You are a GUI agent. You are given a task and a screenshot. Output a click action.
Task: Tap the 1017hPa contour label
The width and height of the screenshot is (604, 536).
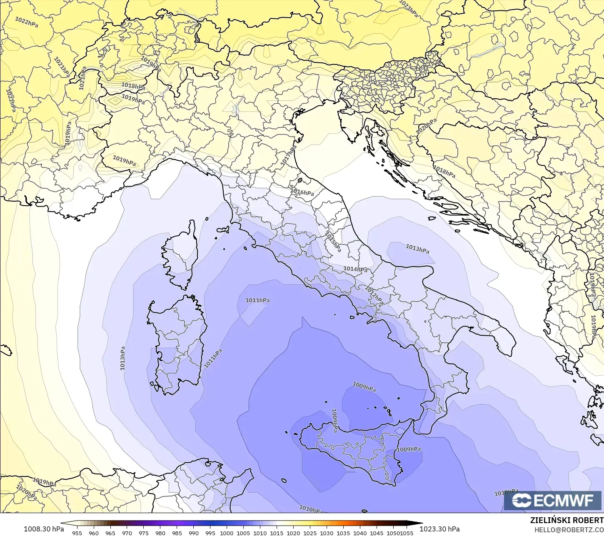(289, 156)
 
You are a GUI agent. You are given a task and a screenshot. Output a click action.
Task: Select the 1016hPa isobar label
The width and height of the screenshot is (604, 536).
(302, 192)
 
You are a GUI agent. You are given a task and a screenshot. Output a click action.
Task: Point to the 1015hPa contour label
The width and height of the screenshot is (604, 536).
(333, 242)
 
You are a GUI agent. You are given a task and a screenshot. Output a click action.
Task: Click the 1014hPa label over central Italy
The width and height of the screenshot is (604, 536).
(355, 269)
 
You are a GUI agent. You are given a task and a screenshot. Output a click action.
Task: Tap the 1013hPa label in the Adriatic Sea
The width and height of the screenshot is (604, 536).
(417, 249)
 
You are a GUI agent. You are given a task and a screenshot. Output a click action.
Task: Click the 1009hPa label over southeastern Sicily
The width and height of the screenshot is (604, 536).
(409, 449)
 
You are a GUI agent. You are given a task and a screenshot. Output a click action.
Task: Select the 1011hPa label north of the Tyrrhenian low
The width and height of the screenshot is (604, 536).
(257, 300)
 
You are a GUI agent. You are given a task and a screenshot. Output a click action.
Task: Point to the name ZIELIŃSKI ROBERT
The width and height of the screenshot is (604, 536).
(567, 521)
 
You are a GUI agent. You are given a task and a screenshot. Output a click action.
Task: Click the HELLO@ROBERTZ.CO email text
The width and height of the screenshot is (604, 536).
(569, 530)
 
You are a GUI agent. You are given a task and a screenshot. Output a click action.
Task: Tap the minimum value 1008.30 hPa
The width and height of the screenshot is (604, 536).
(44, 529)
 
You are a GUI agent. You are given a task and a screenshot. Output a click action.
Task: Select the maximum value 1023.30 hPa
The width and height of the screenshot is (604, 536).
(439, 529)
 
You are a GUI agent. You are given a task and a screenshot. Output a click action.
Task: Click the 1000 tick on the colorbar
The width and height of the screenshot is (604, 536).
(227, 533)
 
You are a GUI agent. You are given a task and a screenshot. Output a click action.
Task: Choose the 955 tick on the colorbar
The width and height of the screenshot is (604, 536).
(77, 533)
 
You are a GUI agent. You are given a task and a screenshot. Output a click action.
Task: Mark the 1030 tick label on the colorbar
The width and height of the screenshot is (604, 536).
(327, 533)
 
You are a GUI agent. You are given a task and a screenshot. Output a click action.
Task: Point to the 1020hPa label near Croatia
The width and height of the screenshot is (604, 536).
(427, 126)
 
